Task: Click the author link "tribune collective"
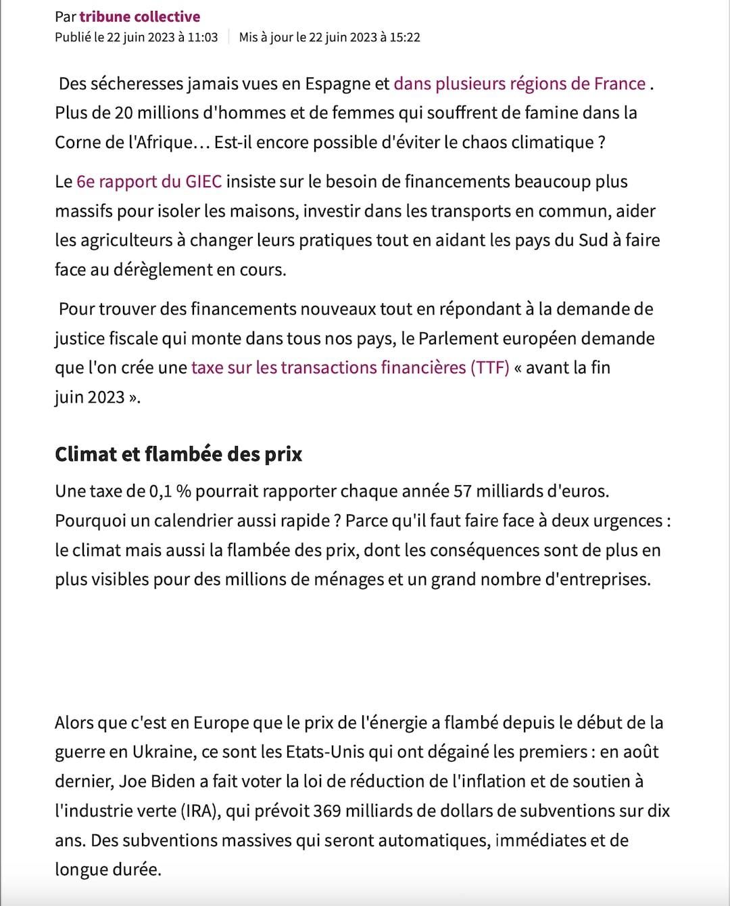tap(139, 17)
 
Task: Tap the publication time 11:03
tap(203, 37)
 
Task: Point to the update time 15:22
tap(405, 37)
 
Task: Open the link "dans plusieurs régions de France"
tap(519, 84)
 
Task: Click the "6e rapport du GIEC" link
tap(149, 182)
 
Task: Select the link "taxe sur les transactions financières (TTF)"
tap(350, 367)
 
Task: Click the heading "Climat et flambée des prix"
tap(178, 454)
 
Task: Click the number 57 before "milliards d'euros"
tap(462, 491)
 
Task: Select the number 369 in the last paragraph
tap(326, 811)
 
